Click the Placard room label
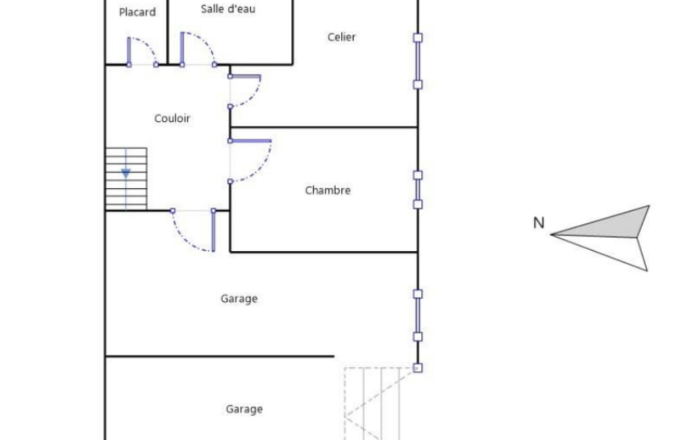[x=137, y=12]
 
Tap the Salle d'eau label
[x=228, y=9]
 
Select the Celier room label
[x=341, y=37]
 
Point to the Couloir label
[x=172, y=118]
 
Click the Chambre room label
[x=328, y=190]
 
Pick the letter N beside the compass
[x=539, y=223]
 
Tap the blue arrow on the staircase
[x=126, y=173]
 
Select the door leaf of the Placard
[x=129, y=51]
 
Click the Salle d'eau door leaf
[x=182, y=49]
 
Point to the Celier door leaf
[x=244, y=76]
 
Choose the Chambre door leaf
[x=250, y=141]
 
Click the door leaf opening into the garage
[x=213, y=231]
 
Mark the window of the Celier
[x=418, y=61]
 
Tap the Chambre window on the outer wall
[x=418, y=190]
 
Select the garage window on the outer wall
[x=418, y=315]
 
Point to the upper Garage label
[x=239, y=299]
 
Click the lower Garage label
[x=244, y=409]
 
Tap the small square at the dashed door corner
[x=418, y=368]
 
